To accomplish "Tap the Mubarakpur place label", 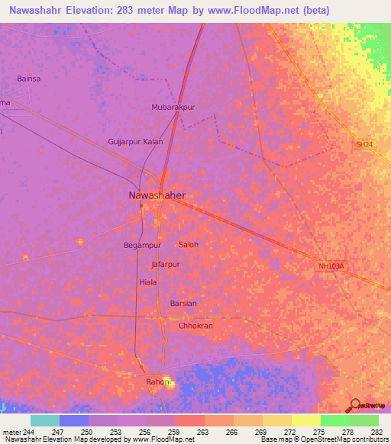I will click(173, 108).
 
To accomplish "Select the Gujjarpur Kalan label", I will click(136, 142).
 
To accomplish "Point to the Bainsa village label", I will click(29, 78).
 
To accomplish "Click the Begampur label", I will click(142, 246).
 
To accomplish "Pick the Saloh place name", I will click(188, 245).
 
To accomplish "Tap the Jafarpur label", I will click(166, 264).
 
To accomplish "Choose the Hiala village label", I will click(148, 282).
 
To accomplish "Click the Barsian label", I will click(183, 304).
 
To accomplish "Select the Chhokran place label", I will click(195, 326).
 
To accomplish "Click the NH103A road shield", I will click(331, 266).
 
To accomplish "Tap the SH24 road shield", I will click(364, 144).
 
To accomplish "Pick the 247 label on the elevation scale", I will click(59, 432).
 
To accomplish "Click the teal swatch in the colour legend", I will click(45, 420).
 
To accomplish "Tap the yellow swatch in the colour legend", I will click(305, 420).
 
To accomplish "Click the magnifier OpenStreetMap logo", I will click(354, 406).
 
